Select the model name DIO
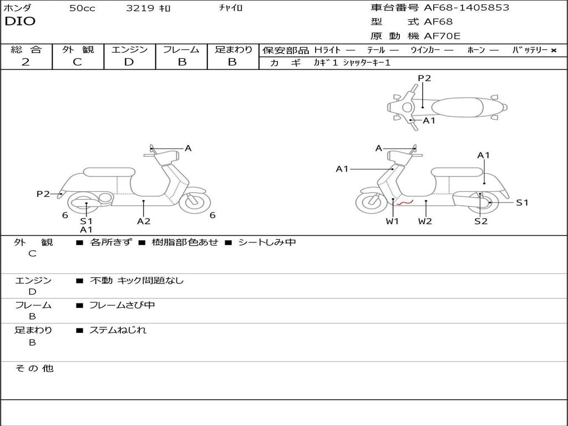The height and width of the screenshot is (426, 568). [20, 22]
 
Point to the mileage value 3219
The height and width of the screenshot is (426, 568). [140, 8]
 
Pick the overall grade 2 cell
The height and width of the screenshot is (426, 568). [26, 62]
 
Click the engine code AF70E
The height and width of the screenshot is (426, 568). [442, 37]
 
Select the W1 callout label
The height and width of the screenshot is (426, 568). [393, 221]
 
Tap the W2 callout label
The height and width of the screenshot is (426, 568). [425, 221]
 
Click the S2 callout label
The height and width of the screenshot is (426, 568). [481, 221]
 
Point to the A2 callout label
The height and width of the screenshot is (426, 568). [144, 221]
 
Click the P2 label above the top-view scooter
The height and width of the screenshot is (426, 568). [424, 78]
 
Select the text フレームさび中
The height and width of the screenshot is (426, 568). [122, 305]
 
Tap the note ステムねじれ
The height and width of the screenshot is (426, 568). [118, 330]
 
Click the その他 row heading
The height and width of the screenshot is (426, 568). [34, 368]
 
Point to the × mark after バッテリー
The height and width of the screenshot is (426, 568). [553, 50]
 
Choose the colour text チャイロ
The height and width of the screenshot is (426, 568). [231, 8]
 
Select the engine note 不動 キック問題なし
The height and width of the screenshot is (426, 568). [136, 281]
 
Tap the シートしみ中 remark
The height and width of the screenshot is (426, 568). [267, 242]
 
